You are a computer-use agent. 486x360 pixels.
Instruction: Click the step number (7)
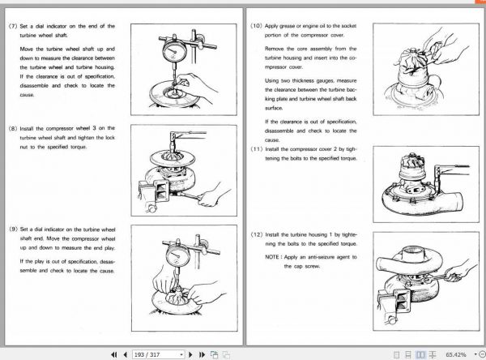point(12,27)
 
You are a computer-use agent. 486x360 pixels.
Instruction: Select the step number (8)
point(12,128)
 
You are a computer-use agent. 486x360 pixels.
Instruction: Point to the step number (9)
point(12,229)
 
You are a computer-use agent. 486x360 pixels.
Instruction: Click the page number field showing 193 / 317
point(159,354)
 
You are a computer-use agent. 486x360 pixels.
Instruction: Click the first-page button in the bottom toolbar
point(114,354)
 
